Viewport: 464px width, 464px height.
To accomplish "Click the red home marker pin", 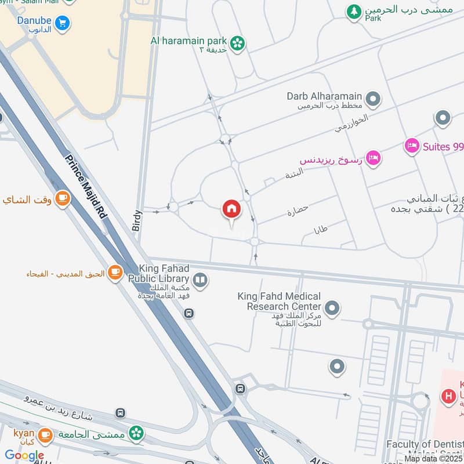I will [231, 209].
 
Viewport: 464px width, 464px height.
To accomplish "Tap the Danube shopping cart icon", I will [63, 23].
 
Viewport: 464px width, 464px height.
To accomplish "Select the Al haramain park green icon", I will [237, 42].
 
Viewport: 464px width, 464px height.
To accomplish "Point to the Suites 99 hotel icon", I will [412, 146].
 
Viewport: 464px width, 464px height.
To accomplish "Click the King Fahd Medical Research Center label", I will [279, 302].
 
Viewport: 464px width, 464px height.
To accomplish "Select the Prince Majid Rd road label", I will [86, 187].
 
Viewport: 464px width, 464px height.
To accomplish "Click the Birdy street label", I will [137, 220].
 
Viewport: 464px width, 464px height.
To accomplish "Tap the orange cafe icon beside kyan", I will [45, 434].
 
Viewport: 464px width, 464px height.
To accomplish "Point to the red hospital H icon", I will [448, 397].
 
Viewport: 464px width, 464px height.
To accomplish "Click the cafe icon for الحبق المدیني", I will [115, 272].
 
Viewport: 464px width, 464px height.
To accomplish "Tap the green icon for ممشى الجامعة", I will [136, 433].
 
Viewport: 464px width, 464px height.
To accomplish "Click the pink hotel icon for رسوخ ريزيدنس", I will [374, 157].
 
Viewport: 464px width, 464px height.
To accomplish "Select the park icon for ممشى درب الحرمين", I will [354, 10].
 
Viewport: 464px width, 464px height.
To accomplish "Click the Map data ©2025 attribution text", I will [433, 459].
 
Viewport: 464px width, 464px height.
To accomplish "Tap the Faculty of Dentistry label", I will [425, 445].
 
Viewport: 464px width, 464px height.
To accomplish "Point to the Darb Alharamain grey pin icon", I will [374, 99].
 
